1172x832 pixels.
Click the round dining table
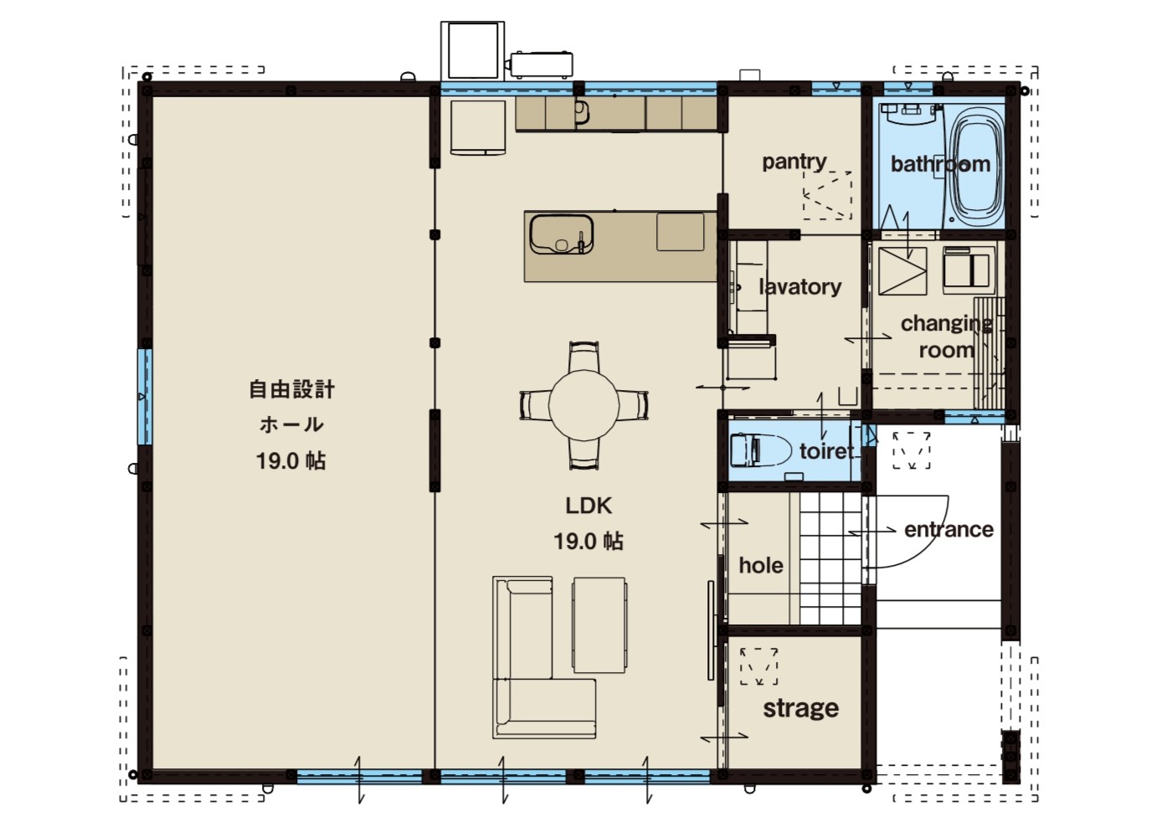pyautogui.click(x=583, y=405)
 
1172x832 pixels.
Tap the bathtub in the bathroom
pyautogui.click(x=976, y=166)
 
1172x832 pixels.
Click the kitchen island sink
pyautogui.click(x=562, y=234)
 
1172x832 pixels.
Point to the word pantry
pyautogui.click(x=794, y=162)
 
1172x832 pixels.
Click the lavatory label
pyautogui.click(x=800, y=287)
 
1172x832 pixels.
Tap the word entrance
pyautogui.click(x=948, y=530)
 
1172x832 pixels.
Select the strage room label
pyautogui.click(x=800, y=708)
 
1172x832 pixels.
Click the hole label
pyautogui.click(x=761, y=565)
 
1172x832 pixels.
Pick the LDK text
pyautogui.click(x=589, y=506)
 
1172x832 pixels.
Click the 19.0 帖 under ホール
pyautogui.click(x=291, y=461)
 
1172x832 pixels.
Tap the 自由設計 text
pyautogui.click(x=291, y=389)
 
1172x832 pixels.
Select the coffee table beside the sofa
pyautogui.click(x=599, y=625)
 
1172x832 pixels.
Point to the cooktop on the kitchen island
pyautogui.click(x=680, y=232)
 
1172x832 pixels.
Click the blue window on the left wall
pyautogui.click(x=145, y=397)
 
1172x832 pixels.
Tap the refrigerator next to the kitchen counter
pyautogui.click(x=478, y=128)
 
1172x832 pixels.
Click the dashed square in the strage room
pyautogui.click(x=758, y=666)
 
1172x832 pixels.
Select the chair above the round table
pyautogui.click(x=583, y=356)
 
